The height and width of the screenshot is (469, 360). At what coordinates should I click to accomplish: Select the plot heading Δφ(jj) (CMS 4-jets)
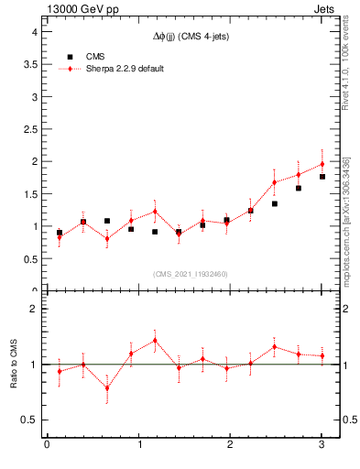point(191,35)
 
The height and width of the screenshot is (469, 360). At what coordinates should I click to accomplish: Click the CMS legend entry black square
point(71,56)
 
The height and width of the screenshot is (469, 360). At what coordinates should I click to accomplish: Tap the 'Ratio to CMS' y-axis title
point(14,364)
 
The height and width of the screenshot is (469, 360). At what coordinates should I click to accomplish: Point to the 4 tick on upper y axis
point(33,31)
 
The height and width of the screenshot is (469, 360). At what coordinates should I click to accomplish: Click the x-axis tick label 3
point(322,444)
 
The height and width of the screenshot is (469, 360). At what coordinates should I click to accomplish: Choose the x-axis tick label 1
point(138,444)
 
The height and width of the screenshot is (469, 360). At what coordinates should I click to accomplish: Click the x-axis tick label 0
point(47,444)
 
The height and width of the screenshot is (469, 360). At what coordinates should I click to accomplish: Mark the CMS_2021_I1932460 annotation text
point(190,274)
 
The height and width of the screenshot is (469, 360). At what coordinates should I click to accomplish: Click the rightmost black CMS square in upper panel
point(322,177)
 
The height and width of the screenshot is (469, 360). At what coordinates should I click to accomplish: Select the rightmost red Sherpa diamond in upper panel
point(322,164)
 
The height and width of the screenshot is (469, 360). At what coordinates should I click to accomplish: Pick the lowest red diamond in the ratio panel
point(107,387)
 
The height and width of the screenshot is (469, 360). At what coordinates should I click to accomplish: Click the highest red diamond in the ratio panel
point(155,341)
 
